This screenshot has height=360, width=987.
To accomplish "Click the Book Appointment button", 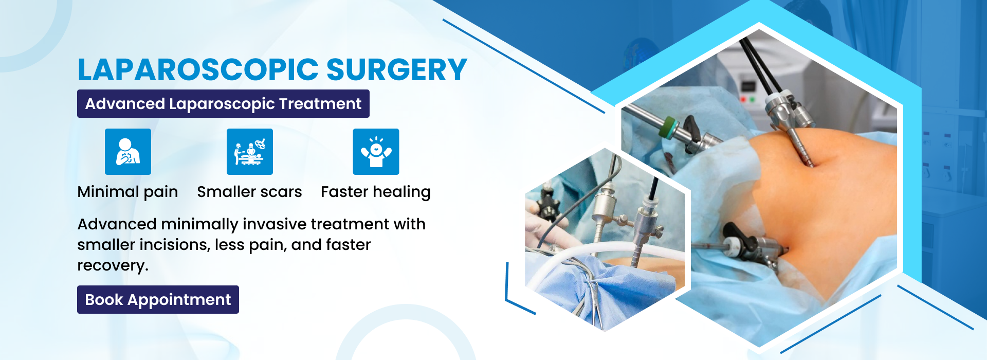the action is [158, 299].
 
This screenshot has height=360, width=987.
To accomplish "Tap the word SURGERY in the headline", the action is [397, 70].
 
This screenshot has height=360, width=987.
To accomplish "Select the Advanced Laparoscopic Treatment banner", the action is [223, 103].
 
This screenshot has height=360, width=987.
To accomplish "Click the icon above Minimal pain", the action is [128, 152].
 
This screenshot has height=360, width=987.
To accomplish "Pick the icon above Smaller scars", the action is [250, 152].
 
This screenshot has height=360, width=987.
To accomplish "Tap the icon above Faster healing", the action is [376, 152].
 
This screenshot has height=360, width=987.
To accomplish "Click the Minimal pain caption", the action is [127, 192].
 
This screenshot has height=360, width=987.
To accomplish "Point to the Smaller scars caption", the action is [249, 192].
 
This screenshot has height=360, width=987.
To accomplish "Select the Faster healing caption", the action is [376, 192].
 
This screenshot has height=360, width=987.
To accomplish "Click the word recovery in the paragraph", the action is [111, 265].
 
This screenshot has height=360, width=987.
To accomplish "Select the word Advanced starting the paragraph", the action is [117, 224].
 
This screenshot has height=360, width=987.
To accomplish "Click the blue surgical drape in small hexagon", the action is [607, 288].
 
